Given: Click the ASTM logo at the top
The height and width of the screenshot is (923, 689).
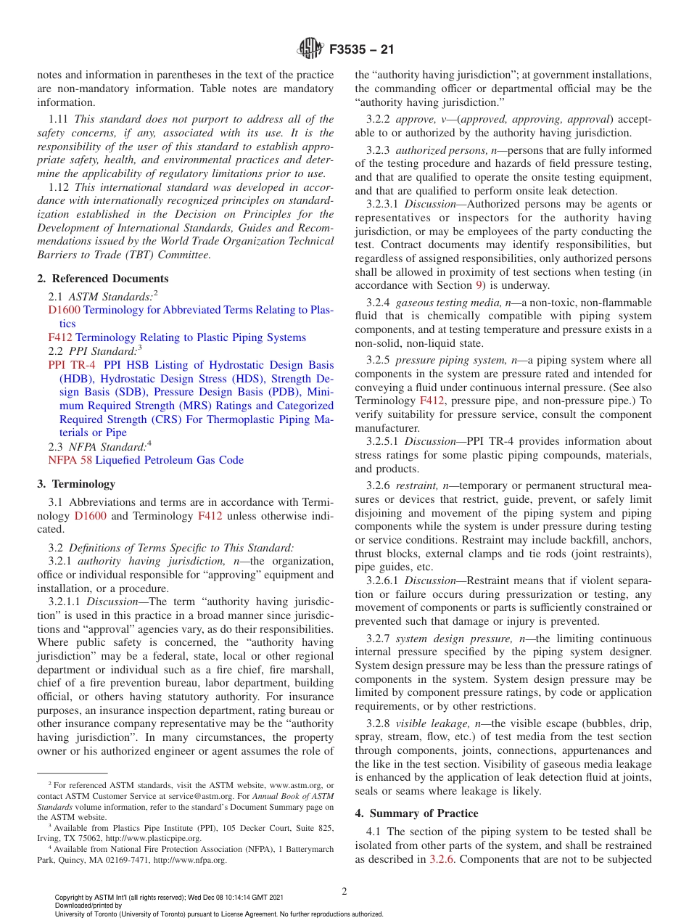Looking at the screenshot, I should click(x=311, y=50).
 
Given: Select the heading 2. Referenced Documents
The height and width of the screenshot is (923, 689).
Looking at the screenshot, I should click(x=103, y=279).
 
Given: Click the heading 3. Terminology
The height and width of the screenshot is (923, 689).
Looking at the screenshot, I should click(x=76, y=484).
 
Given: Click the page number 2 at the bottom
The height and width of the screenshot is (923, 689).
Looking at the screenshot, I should click(x=344, y=891).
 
